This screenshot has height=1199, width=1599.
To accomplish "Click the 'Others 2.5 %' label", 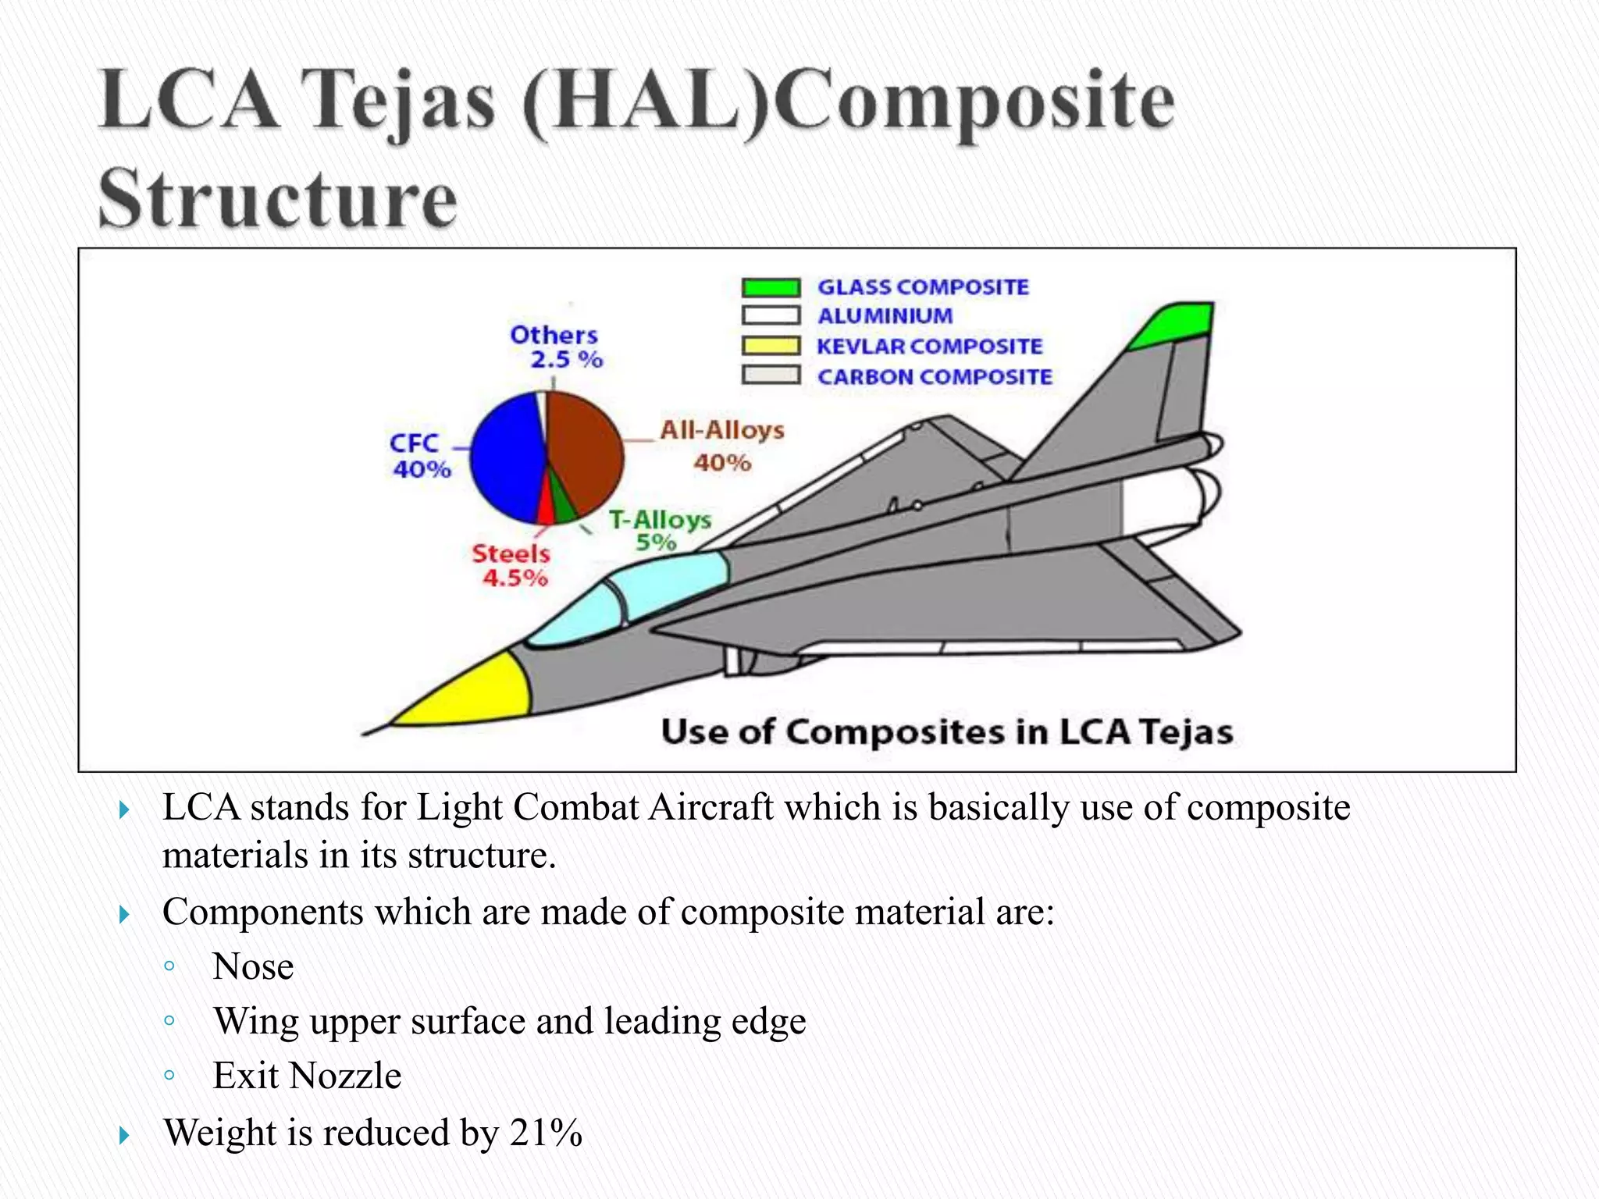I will click(555, 347).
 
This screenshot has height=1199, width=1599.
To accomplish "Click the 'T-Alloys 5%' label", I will click(659, 531).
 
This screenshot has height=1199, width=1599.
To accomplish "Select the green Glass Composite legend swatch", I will click(771, 287).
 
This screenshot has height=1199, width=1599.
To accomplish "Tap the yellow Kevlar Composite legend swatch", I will click(771, 346).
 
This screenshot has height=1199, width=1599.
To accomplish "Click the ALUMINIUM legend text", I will click(885, 316).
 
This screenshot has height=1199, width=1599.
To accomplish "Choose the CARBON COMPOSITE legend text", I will click(935, 377).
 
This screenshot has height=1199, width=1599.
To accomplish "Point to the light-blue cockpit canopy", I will click(664, 585).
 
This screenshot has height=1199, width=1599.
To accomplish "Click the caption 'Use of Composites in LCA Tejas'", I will click(946, 732).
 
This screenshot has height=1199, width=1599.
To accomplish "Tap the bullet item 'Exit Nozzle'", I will click(307, 1076).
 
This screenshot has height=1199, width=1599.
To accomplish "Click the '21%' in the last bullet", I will click(546, 1133).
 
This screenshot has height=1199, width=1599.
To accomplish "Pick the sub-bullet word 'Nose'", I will click(253, 966).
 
